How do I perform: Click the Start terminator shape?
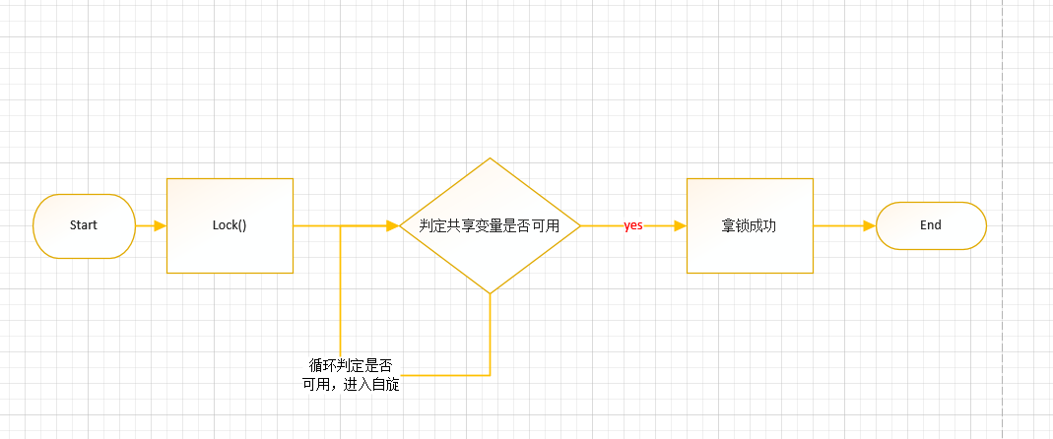tap(84, 225)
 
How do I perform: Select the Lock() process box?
tap(230, 225)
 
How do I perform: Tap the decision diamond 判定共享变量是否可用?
tap(490, 225)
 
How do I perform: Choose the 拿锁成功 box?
tap(749, 225)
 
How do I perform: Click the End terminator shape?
tap(931, 225)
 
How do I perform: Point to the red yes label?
tap(633, 225)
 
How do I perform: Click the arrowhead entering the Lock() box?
tap(160, 225)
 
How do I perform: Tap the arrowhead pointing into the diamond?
tap(392, 225)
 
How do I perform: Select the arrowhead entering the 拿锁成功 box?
tap(680, 225)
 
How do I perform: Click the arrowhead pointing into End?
tap(869, 225)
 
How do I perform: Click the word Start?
tap(84, 225)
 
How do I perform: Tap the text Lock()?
tap(230, 225)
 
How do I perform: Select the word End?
tap(931, 225)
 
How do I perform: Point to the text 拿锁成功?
tap(749, 225)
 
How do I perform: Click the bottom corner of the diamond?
tap(490, 292)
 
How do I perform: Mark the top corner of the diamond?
tap(490, 158)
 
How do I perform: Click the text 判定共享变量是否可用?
tap(490, 225)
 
